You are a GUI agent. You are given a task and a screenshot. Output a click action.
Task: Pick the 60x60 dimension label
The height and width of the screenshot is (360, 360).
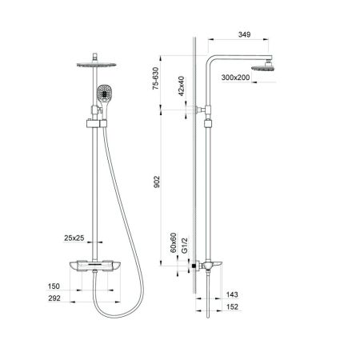(174, 241)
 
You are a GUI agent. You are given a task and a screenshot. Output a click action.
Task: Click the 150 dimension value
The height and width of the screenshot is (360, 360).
(54, 286)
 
